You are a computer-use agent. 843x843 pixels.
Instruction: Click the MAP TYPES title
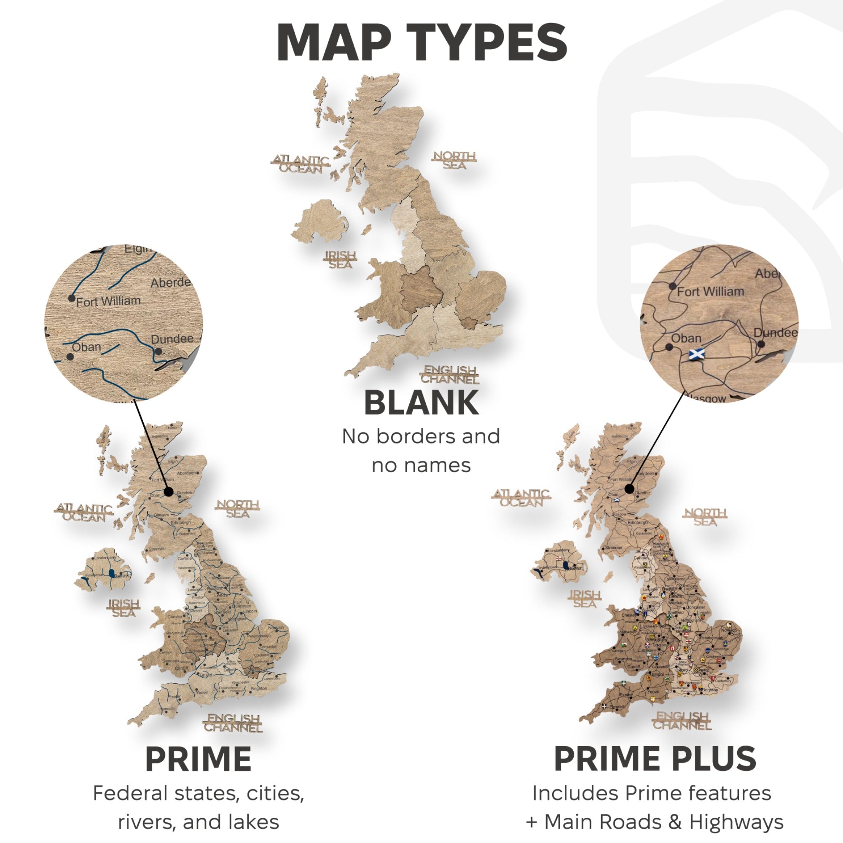[x=421, y=43]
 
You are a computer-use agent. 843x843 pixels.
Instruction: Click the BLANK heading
[x=421, y=403]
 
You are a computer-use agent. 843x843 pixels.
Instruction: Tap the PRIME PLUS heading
[x=655, y=759]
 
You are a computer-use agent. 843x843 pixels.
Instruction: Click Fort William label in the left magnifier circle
[x=108, y=301]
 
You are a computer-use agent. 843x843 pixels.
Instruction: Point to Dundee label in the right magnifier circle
[x=776, y=333]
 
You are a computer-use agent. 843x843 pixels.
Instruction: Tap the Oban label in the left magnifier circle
[x=86, y=347]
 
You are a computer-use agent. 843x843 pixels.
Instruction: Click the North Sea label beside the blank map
[x=454, y=160]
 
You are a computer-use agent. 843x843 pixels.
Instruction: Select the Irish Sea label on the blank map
[x=340, y=259]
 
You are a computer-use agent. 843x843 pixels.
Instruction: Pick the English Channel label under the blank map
[x=450, y=374]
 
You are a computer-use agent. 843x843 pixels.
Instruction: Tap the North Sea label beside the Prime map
[x=238, y=509]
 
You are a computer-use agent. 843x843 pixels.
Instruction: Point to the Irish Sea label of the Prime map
[x=124, y=608]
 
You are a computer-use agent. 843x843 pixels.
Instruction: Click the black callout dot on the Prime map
[x=169, y=492]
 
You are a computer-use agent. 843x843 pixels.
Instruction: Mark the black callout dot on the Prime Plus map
[x=629, y=489]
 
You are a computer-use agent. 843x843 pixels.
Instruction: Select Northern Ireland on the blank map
[x=319, y=222]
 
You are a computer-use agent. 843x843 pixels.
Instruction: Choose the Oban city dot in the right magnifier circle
[x=669, y=348]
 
